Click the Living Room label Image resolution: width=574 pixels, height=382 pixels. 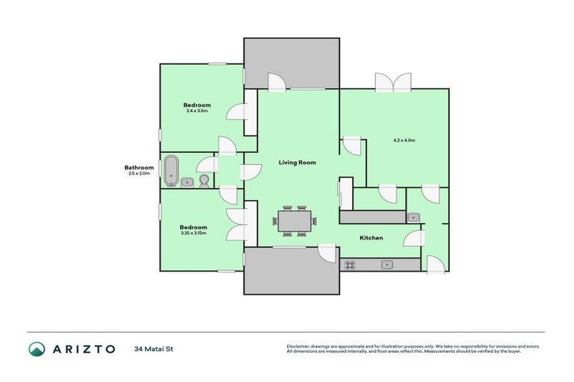[x=297, y=162]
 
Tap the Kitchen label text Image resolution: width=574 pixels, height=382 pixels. [x=371, y=238]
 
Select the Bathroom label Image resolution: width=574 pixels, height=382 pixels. [x=139, y=167]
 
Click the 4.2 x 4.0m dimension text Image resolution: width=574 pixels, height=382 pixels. [x=404, y=140]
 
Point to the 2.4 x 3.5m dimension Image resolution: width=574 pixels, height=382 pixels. [x=197, y=111]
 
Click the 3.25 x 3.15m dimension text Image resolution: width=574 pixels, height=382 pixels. [x=193, y=233]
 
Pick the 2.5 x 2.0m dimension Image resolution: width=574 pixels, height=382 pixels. [x=139, y=173]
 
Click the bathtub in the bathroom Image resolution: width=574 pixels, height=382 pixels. [x=171, y=170]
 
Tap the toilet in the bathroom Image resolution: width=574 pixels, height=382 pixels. [x=203, y=181]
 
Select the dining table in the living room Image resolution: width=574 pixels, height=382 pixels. [x=294, y=221]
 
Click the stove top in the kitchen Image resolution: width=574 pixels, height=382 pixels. [x=349, y=264]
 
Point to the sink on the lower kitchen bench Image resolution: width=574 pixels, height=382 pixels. [x=386, y=264]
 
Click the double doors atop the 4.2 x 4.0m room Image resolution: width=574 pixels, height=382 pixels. [x=393, y=81]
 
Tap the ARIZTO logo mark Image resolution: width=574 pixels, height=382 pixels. [x=37, y=348]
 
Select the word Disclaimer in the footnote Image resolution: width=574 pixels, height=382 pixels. [x=299, y=346]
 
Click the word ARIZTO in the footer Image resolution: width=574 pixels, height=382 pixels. [x=83, y=348]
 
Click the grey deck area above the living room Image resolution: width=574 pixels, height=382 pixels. [x=292, y=64]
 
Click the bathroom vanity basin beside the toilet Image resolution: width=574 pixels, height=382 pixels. [x=188, y=181]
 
